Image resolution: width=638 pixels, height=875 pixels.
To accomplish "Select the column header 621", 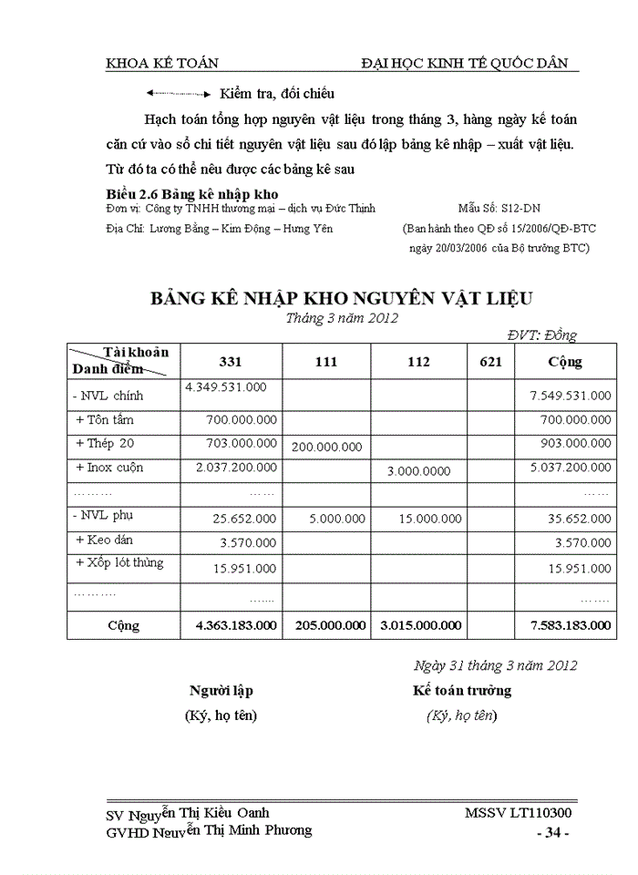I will [x=490, y=362].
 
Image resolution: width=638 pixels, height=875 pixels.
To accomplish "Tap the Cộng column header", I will [x=565, y=362].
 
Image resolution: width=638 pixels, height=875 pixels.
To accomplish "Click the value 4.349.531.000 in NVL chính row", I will [x=226, y=387].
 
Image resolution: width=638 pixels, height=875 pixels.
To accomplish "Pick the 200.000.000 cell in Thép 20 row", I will [x=326, y=447].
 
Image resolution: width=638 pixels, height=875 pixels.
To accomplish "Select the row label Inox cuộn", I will [x=109, y=468].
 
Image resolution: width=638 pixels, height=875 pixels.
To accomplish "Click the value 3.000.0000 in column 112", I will [x=418, y=471].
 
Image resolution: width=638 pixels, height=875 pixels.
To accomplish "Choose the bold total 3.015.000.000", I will [x=420, y=626].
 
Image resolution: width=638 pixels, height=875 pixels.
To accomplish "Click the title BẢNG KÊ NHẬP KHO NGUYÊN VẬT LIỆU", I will [x=341, y=298].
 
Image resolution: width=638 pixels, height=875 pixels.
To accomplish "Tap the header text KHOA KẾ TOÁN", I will [x=162, y=63].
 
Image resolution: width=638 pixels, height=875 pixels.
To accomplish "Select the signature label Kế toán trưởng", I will [x=462, y=691].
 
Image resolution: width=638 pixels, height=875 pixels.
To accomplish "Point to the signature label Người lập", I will [x=221, y=691].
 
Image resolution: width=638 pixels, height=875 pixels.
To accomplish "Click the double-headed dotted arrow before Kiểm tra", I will [x=178, y=94].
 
